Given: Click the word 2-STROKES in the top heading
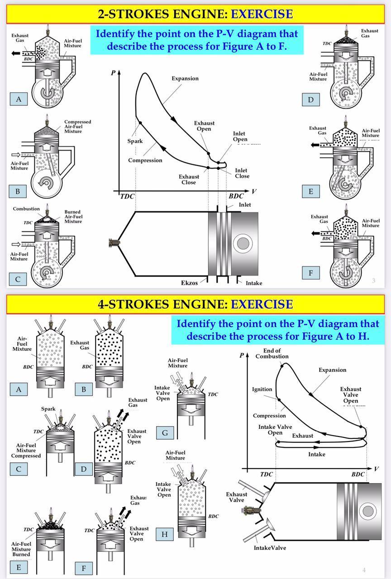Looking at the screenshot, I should click(130, 14).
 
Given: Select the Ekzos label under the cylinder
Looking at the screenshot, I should click(189, 283).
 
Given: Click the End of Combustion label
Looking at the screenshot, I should click(272, 353).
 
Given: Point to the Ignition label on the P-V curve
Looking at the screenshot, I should click(262, 389).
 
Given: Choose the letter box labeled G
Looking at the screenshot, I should click(165, 433).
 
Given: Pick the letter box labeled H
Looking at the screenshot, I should click(165, 534).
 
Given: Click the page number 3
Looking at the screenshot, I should click(373, 280).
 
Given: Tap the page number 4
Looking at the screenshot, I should click(363, 570).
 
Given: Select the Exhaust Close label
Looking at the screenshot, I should click(189, 179).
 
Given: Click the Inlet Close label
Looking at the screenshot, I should click(242, 173).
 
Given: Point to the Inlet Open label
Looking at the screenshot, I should click(240, 136).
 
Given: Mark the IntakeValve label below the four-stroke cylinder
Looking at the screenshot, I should click(270, 548).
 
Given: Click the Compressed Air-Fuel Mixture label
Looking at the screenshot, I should click(77, 126).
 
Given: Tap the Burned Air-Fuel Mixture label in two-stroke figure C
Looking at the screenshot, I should click(73, 217).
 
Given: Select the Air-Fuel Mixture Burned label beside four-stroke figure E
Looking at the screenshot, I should click(21, 549).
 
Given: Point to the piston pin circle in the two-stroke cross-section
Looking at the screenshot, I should click(243, 243).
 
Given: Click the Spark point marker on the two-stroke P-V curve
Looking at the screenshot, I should click(140, 123).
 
